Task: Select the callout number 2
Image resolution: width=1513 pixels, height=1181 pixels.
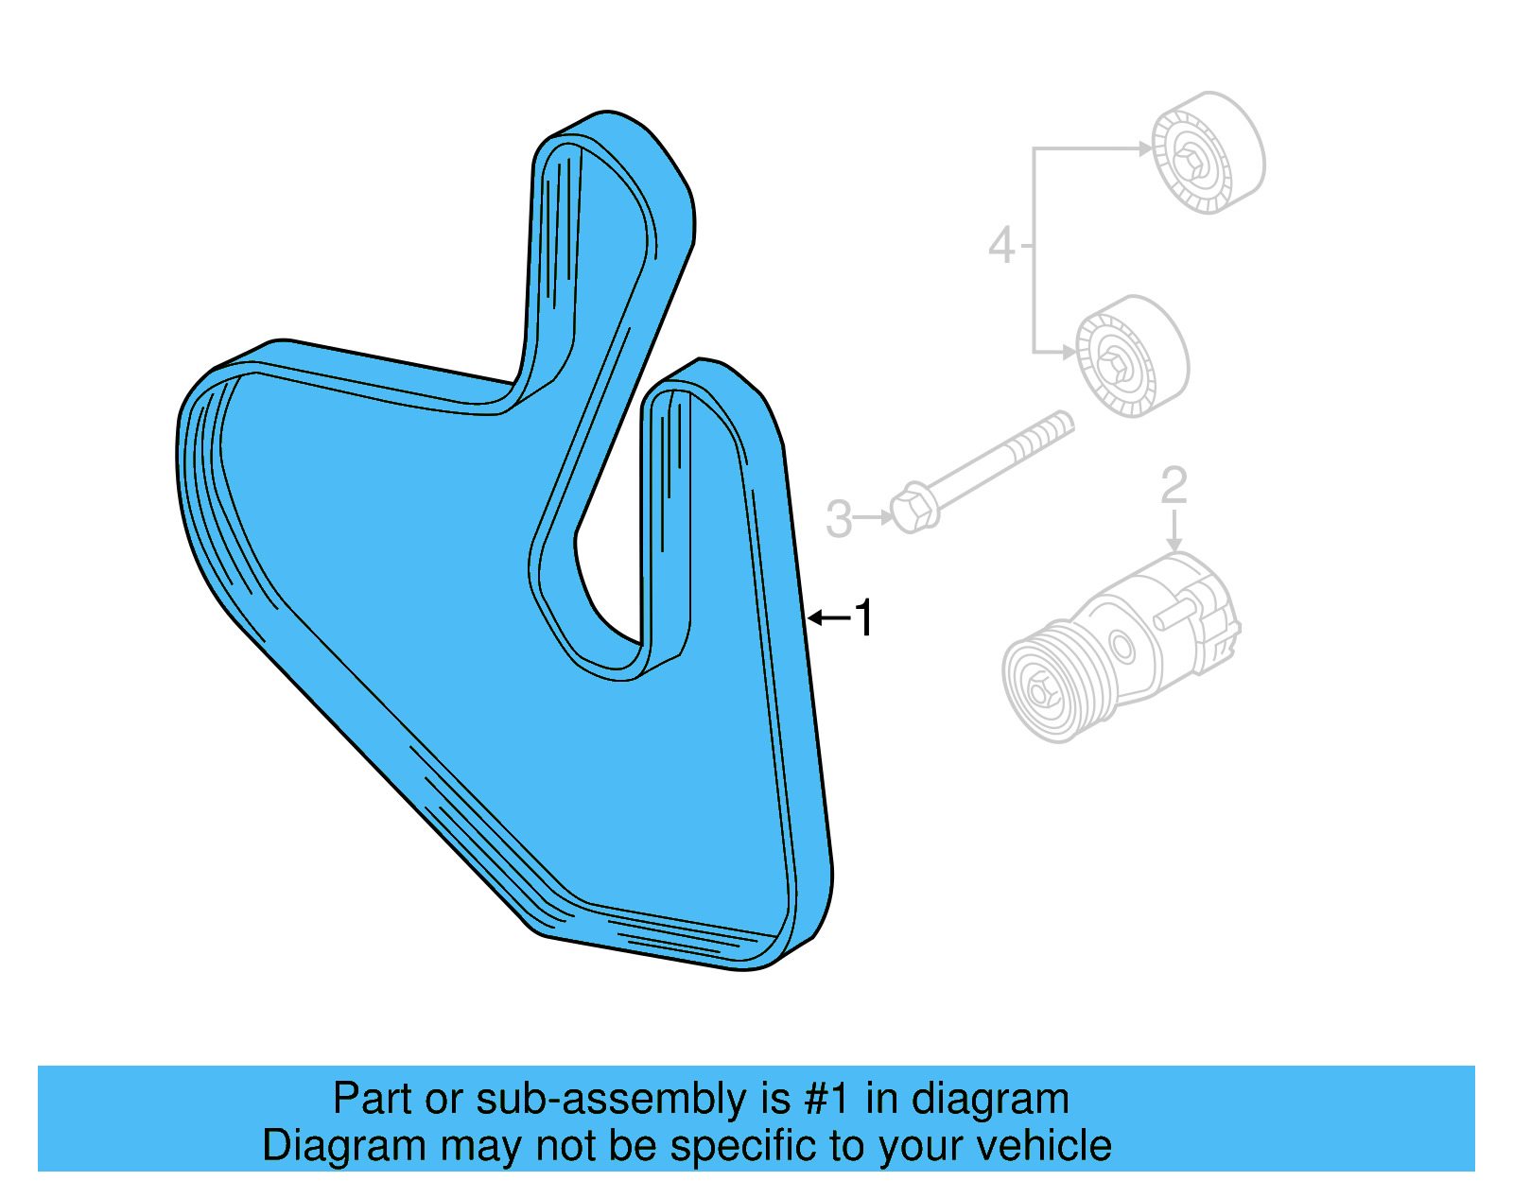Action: click(x=1174, y=485)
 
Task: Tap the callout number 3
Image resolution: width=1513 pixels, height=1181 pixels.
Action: click(x=838, y=519)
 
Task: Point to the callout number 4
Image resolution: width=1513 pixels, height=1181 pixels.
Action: click(x=1001, y=246)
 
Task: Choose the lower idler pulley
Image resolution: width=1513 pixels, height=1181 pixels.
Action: click(x=1132, y=356)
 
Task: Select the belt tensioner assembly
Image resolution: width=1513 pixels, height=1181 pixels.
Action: click(x=1125, y=643)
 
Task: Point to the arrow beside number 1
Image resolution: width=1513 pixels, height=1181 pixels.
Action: click(x=829, y=618)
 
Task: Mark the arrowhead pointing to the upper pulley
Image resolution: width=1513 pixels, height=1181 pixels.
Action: click(x=1146, y=148)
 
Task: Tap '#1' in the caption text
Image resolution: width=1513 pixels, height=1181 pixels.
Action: click(x=828, y=1099)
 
